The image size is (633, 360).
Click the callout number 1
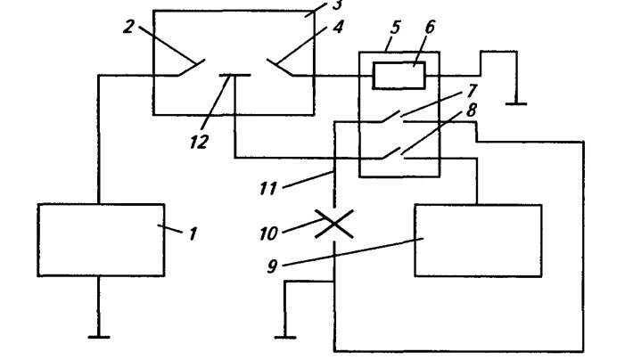(x=193, y=233)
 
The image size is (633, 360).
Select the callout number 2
(x=128, y=27)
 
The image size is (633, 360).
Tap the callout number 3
(x=337, y=4)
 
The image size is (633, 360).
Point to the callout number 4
(x=338, y=27)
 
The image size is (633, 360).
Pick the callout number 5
(x=395, y=28)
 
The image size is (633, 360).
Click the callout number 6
(x=430, y=27)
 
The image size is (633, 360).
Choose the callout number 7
(x=471, y=91)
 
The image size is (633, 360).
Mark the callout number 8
(x=471, y=110)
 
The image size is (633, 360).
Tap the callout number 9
(x=272, y=266)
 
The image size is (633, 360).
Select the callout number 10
(x=269, y=233)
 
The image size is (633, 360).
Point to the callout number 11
(x=268, y=189)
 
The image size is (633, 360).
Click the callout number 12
(x=200, y=142)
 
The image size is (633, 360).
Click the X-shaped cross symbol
(x=333, y=224)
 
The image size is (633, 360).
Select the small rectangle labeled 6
(x=399, y=76)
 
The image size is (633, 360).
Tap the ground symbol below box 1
(x=99, y=337)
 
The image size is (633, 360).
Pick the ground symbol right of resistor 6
(x=516, y=103)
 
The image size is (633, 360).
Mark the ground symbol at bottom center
(x=285, y=337)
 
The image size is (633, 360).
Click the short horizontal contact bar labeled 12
(x=234, y=75)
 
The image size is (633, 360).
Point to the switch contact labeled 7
(x=392, y=116)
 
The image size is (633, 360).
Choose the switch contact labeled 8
(x=392, y=153)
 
